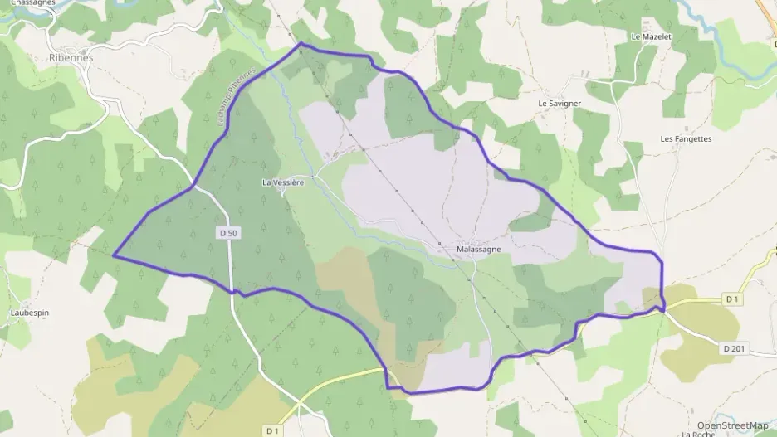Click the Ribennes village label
[x=70, y=58]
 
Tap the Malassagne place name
[x=478, y=249]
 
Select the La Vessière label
[x=283, y=182]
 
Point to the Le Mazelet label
[x=651, y=36]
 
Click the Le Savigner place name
[x=560, y=103]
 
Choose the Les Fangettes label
[x=686, y=138]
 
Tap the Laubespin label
[x=32, y=313]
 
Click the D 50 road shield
[x=229, y=234]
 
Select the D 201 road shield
[x=734, y=349]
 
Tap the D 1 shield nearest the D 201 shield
[x=731, y=299]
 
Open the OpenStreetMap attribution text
[x=732, y=425]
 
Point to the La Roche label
[x=698, y=434]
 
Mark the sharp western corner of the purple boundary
[x=114, y=256]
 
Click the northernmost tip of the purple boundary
[x=301, y=43]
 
